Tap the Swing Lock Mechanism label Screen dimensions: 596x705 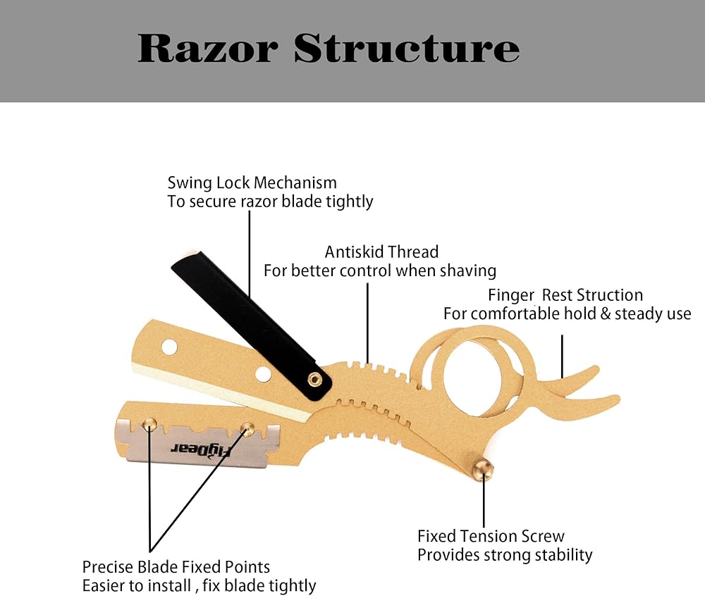pyautogui.click(x=252, y=183)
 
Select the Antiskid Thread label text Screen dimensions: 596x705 pyautogui.click(x=381, y=252)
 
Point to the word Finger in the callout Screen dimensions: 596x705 pyautogui.click(x=511, y=295)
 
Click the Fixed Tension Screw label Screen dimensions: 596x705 pyautogui.click(x=491, y=536)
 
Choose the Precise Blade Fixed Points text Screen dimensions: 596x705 pyautogui.click(x=176, y=566)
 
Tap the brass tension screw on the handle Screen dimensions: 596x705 pyautogui.click(x=483, y=467)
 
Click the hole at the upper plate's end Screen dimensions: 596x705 pyautogui.click(x=169, y=347)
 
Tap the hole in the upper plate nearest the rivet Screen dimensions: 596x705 pyautogui.click(x=263, y=373)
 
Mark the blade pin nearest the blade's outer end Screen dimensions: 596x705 pyautogui.click(x=149, y=423)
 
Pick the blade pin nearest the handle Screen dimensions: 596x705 pyautogui.click(x=247, y=428)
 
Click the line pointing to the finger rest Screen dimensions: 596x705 pyautogui.click(x=562, y=356)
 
